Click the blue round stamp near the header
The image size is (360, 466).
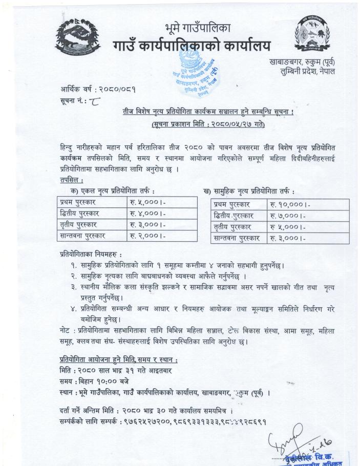(195, 80)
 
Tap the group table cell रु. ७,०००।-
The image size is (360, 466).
(290, 216)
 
